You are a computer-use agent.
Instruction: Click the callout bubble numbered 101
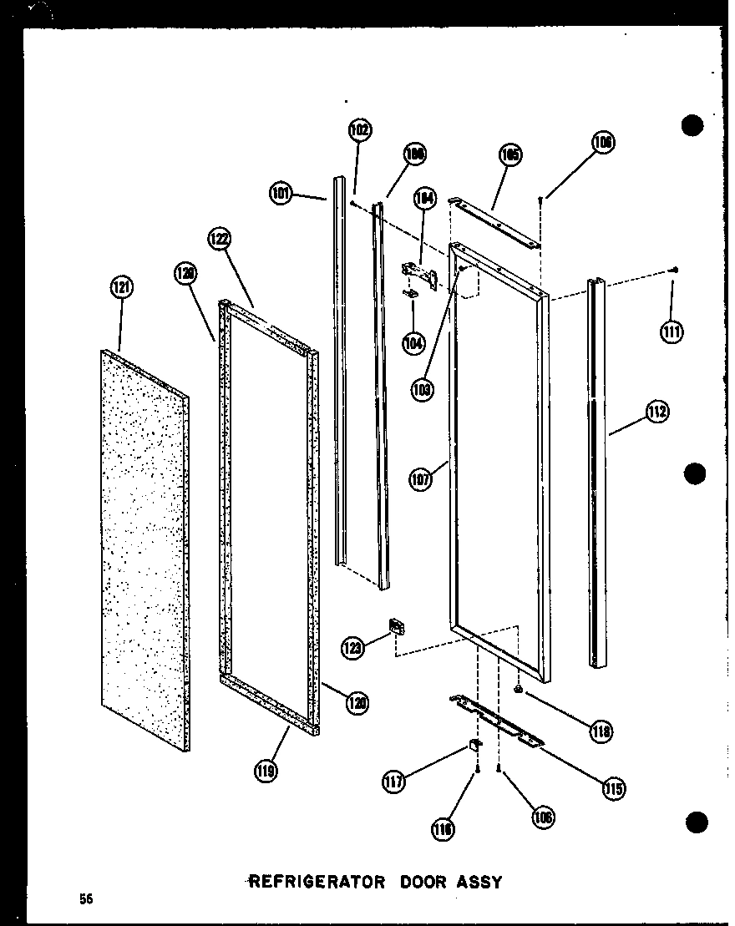pos(281,194)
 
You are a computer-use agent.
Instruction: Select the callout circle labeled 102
pos(360,130)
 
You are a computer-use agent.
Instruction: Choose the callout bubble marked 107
pos(421,480)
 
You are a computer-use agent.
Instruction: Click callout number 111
pos(671,331)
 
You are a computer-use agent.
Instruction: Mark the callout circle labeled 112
pos(657,412)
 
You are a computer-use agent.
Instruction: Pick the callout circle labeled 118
pos(600,732)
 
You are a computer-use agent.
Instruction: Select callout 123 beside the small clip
pos(352,646)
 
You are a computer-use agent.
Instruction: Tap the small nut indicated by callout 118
pos(520,691)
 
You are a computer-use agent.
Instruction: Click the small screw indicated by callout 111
pos(675,270)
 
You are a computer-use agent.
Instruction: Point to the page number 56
pos(86,899)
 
